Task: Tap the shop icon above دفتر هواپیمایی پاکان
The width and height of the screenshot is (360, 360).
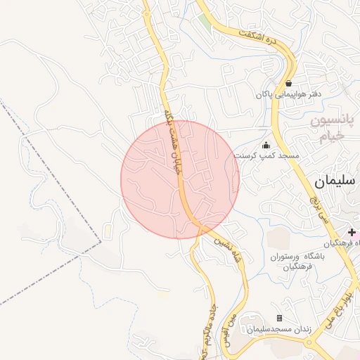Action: (288, 83)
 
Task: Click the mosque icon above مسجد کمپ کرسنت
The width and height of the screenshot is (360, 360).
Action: (265, 145)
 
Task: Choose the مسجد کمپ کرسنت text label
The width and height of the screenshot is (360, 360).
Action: (266, 155)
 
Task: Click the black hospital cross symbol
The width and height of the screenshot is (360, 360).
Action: (352, 232)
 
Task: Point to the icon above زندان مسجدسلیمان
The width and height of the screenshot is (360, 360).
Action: (279, 319)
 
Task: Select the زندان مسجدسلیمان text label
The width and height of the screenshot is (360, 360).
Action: (279, 329)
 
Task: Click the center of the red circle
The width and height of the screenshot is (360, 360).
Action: (180, 179)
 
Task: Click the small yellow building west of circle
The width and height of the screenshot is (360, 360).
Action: (108, 231)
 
